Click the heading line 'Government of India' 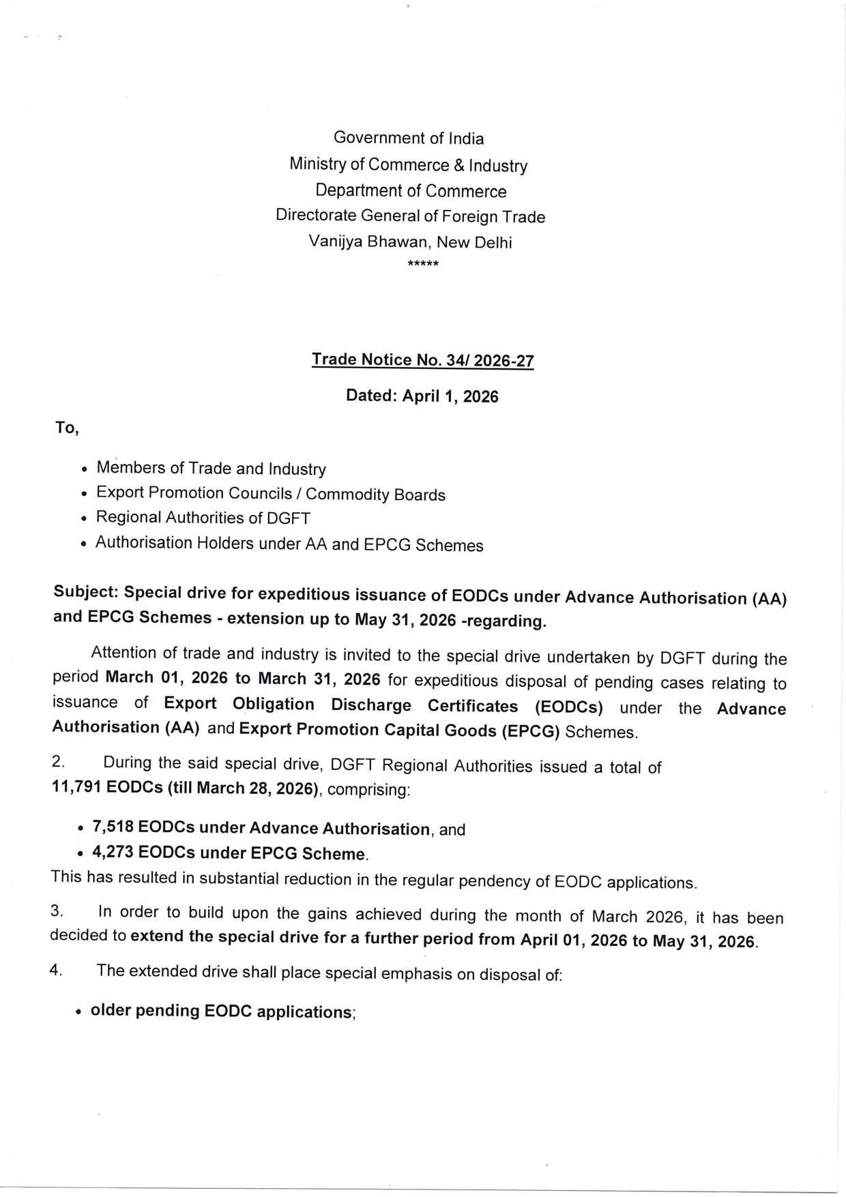tap(409, 138)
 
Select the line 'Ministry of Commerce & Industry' tap(408, 165)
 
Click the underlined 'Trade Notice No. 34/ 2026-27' tap(422, 360)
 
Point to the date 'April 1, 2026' tap(450, 396)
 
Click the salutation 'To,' tap(67, 428)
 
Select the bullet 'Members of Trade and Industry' tap(211, 469)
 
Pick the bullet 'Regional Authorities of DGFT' tap(203, 518)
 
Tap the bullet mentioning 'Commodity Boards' tap(270, 494)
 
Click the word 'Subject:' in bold tap(85, 593)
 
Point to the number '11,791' tap(77, 787)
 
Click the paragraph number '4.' tap(56, 970)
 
